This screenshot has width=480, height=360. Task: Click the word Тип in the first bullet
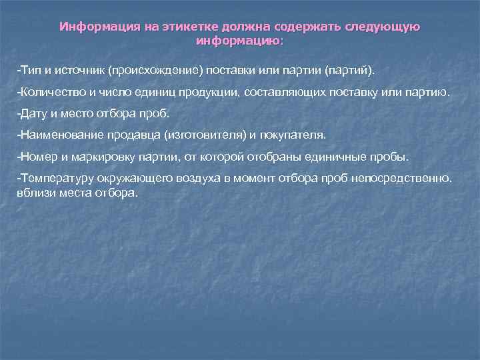coord(30,70)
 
